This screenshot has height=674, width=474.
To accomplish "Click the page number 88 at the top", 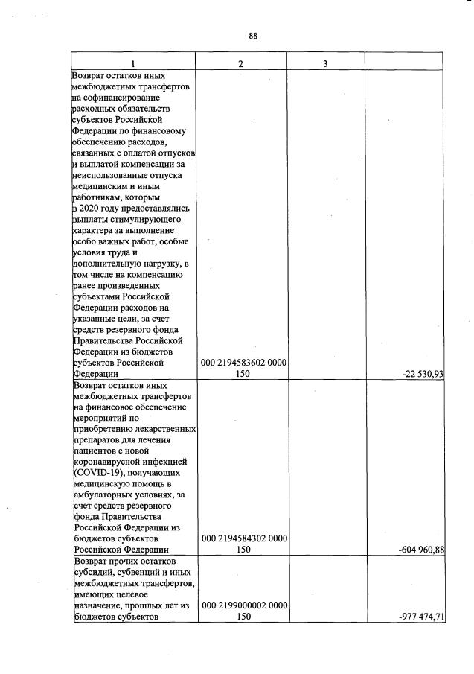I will [x=253, y=36].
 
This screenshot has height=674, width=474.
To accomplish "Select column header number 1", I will [x=133, y=63].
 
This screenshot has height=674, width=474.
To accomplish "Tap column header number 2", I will [x=241, y=63].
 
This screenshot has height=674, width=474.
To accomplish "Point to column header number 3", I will [x=325, y=63].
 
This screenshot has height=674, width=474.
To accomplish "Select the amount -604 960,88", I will [x=420, y=550].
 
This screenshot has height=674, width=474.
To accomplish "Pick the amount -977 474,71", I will [x=420, y=617].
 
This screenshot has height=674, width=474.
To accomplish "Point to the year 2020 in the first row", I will [x=93, y=208].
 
